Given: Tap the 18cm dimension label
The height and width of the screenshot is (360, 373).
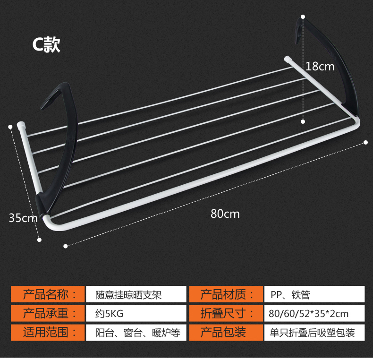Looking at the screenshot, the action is coord(320,67).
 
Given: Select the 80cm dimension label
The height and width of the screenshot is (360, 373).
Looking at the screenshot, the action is coord(225,214).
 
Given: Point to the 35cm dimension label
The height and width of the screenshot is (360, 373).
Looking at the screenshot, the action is coord(22,218).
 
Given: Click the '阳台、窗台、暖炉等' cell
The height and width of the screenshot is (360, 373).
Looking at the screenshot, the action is coord(134,332).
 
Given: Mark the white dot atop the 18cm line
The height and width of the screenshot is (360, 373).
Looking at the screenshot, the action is coord(303,17).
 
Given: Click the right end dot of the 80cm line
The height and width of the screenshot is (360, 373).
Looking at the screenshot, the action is coord(366,142).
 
